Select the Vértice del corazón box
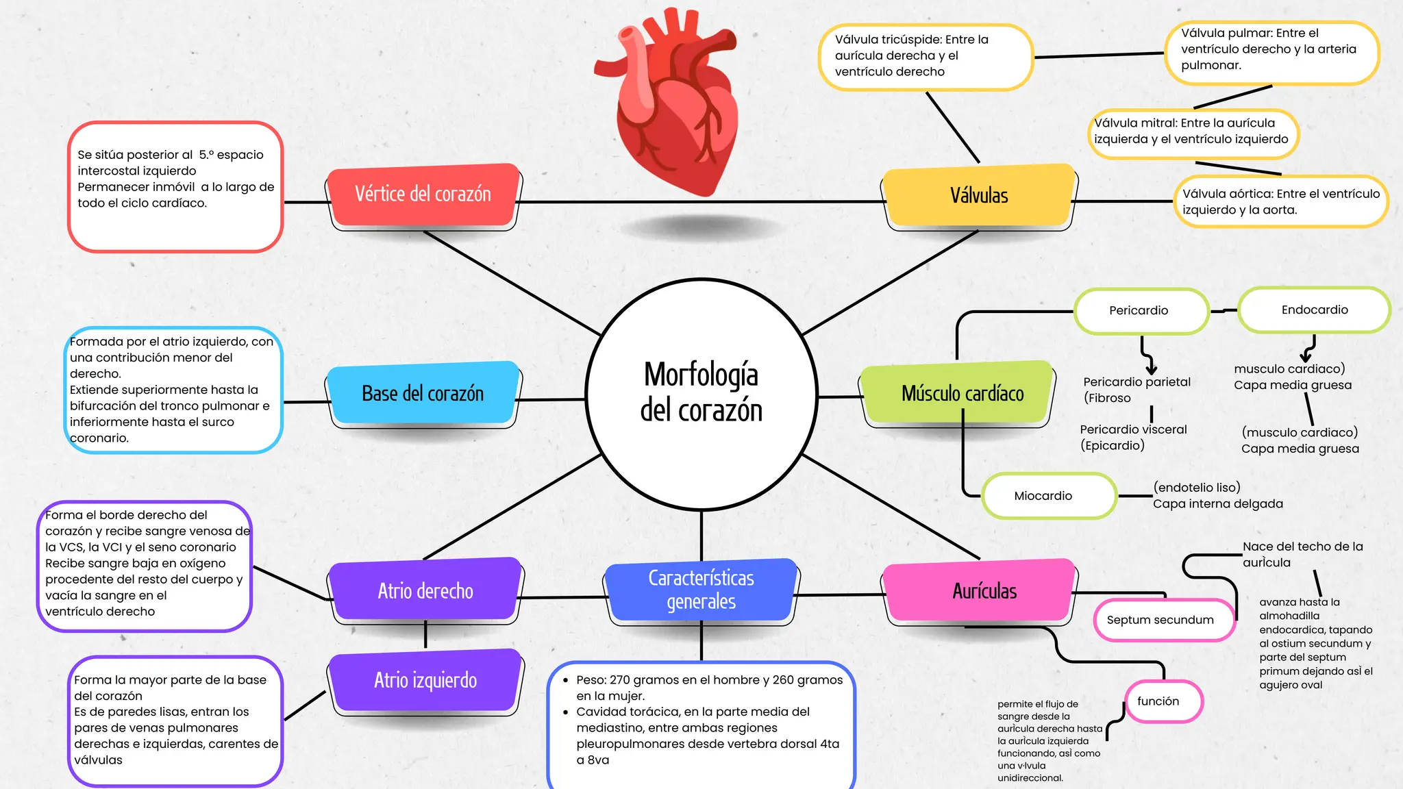[x=423, y=195]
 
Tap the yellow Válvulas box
[x=978, y=196]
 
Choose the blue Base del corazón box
[x=423, y=394]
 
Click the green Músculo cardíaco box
[x=962, y=394]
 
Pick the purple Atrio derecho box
[x=425, y=591]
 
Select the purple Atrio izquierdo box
[x=425, y=680]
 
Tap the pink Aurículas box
[x=984, y=591]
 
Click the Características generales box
[x=701, y=590]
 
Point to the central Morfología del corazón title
[x=701, y=392]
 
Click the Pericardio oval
[x=1139, y=311]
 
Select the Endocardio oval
[x=1314, y=310]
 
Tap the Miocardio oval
[x=1043, y=496]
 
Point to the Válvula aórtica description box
[x=1280, y=202]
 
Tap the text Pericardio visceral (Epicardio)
[x=1132, y=438]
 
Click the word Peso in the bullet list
[x=591, y=680]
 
